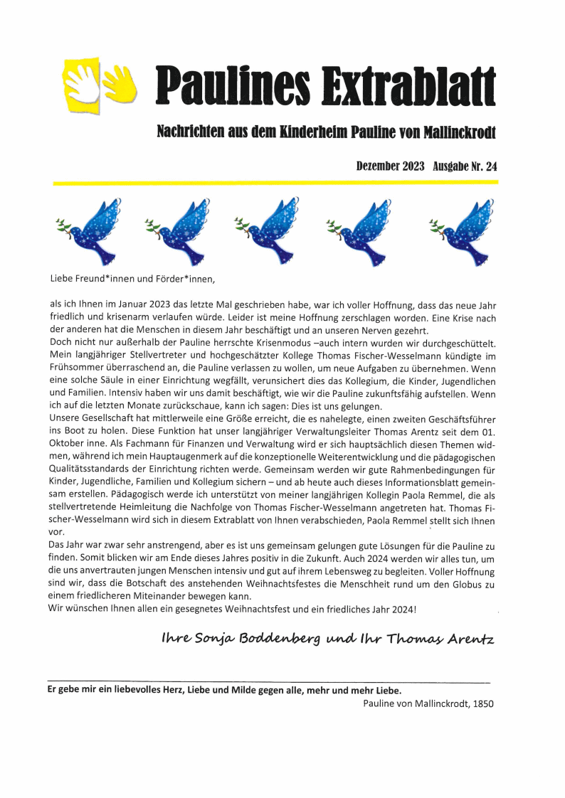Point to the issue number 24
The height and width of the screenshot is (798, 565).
[x=490, y=166]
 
